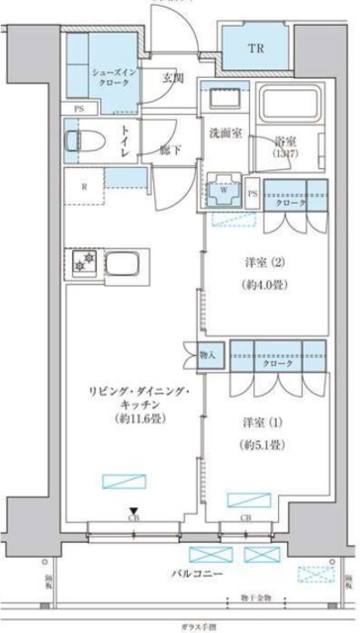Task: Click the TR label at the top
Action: pyautogui.click(x=254, y=46)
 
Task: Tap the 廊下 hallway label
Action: pyautogui.click(x=170, y=150)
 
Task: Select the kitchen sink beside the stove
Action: pyautogui.click(x=127, y=264)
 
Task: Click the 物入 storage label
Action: pyautogui.click(x=207, y=354)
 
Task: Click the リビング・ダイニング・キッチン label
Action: pyautogui.click(x=129, y=405)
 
